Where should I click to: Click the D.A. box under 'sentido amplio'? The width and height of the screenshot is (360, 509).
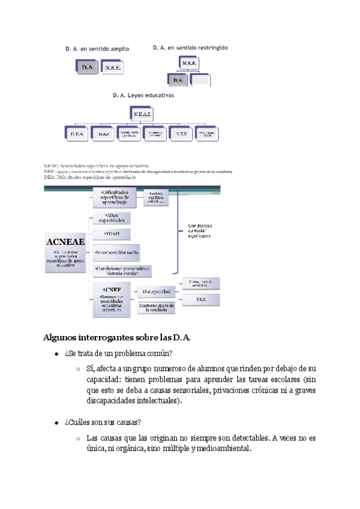coord(88,68)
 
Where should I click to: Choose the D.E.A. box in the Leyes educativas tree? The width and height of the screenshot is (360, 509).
coord(76,134)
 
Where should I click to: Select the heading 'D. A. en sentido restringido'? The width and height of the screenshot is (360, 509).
coord(190,47)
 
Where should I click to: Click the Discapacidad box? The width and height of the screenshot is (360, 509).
coord(157,292)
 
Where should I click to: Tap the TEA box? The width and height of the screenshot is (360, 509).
coord(201,298)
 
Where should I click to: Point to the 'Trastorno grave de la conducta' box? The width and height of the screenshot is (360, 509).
coord(156,307)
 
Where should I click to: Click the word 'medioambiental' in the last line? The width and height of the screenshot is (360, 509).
coord(224,449)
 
